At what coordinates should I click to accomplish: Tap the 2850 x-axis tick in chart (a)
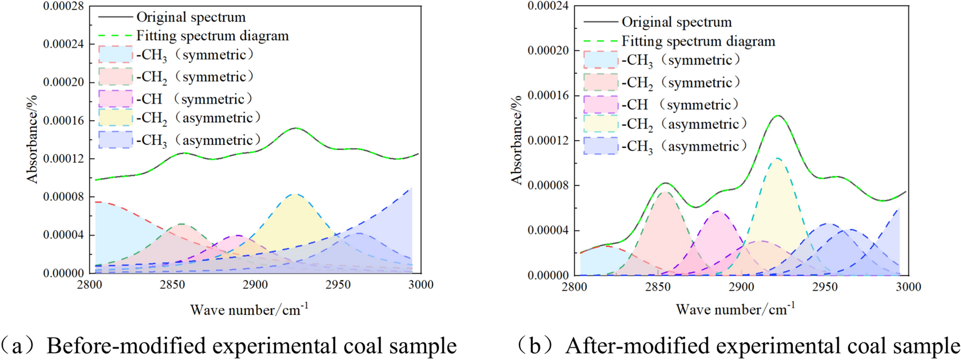click(x=173, y=285)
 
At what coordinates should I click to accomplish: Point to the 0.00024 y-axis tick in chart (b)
click(x=548, y=6)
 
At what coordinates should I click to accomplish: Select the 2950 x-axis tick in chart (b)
click(x=825, y=287)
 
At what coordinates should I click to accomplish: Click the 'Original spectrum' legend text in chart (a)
click(x=191, y=17)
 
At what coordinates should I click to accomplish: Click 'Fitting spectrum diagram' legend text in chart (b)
click(x=698, y=41)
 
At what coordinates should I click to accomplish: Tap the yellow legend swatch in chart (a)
click(x=115, y=118)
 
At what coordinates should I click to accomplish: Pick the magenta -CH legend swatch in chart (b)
click(x=600, y=104)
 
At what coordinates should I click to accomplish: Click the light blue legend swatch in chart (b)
click(x=600, y=60)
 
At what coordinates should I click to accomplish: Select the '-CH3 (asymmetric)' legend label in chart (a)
click(x=198, y=141)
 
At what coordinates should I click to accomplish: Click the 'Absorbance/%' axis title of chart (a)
click(x=32, y=139)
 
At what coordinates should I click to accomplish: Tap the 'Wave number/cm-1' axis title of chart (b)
click(x=735, y=310)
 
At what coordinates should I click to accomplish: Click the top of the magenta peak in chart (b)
click(x=718, y=211)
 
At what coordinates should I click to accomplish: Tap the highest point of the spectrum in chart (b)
click(x=779, y=115)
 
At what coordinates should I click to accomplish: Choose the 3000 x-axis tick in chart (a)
click(x=421, y=285)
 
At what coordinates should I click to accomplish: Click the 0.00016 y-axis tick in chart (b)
click(x=548, y=96)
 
